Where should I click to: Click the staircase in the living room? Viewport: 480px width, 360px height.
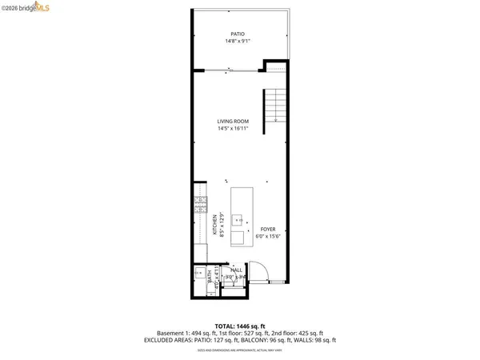[x=274, y=105]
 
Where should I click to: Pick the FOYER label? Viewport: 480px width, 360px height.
[x=267, y=229]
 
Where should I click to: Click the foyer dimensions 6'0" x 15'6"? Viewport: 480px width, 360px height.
[x=267, y=236]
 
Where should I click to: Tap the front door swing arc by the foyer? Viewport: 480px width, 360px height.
[x=258, y=270]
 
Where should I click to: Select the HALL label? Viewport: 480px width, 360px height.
[x=237, y=270]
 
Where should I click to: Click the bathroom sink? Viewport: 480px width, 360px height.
[x=199, y=274]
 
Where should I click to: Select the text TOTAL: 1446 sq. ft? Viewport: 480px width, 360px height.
[x=239, y=327]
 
